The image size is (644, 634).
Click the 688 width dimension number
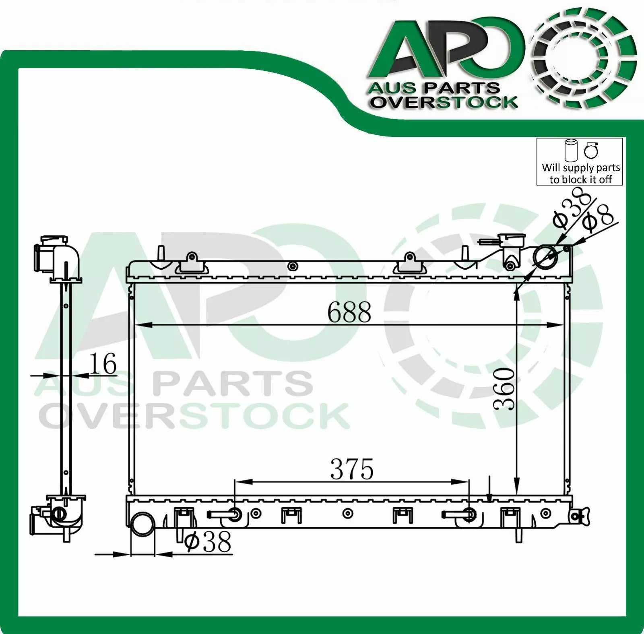349,312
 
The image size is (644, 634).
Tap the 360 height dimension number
504,389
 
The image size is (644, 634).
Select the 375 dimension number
352,469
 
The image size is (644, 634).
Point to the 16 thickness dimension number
102,363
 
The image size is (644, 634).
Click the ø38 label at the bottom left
208,541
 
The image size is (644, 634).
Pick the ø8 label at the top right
600,218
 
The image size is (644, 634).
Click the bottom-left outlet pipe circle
142,524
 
